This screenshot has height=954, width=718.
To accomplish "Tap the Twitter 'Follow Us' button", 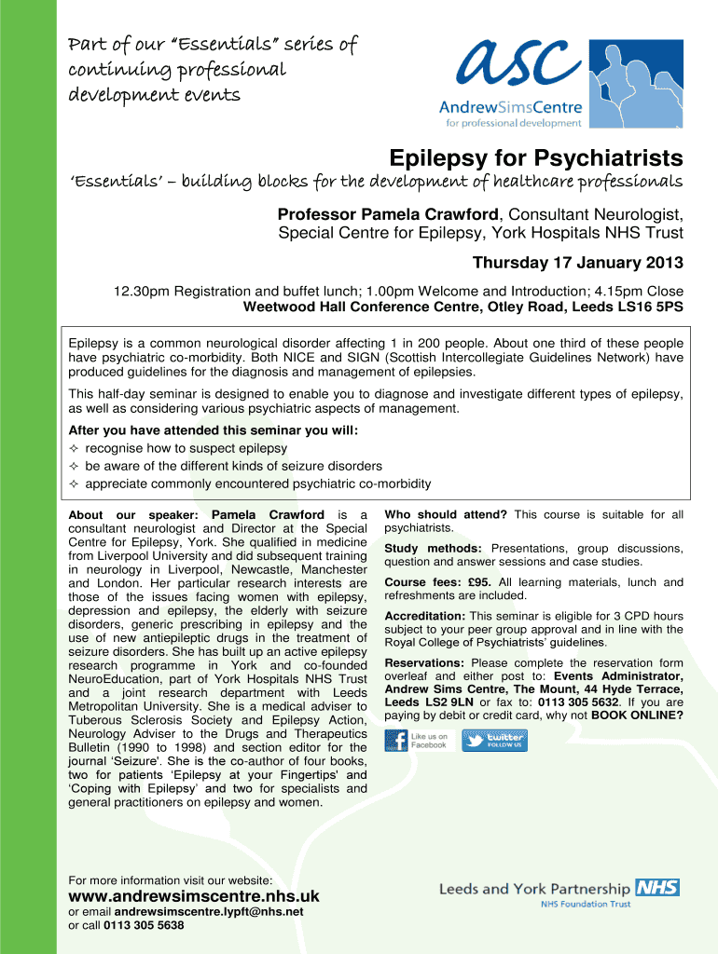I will [x=493, y=741].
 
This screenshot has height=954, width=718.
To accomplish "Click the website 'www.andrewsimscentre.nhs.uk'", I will [x=194, y=896].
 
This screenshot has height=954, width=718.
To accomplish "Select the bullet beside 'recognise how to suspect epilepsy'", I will [x=75, y=449].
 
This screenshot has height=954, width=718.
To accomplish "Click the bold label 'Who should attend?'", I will [x=446, y=514].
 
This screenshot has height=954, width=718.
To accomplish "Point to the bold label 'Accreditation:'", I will [x=425, y=616].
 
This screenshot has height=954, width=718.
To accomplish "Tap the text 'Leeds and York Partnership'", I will [x=534, y=889].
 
